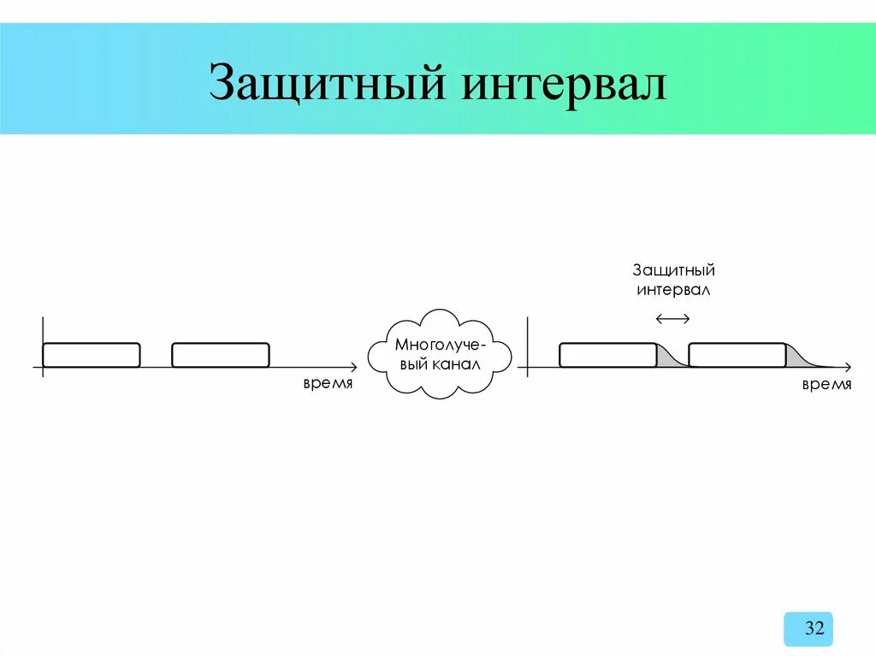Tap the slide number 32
(x=814, y=629)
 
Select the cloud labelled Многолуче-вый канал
(x=440, y=352)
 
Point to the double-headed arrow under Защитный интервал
(x=672, y=319)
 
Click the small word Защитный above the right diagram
(x=673, y=270)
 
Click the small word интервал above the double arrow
(x=673, y=290)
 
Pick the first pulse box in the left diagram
(x=91, y=355)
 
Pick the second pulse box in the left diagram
(x=221, y=355)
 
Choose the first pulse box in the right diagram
(x=607, y=355)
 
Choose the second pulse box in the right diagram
(x=737, y=355)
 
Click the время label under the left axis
(x=327, y=384)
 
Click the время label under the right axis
(x=826, y=384)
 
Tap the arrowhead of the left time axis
(x=352, y=368)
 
